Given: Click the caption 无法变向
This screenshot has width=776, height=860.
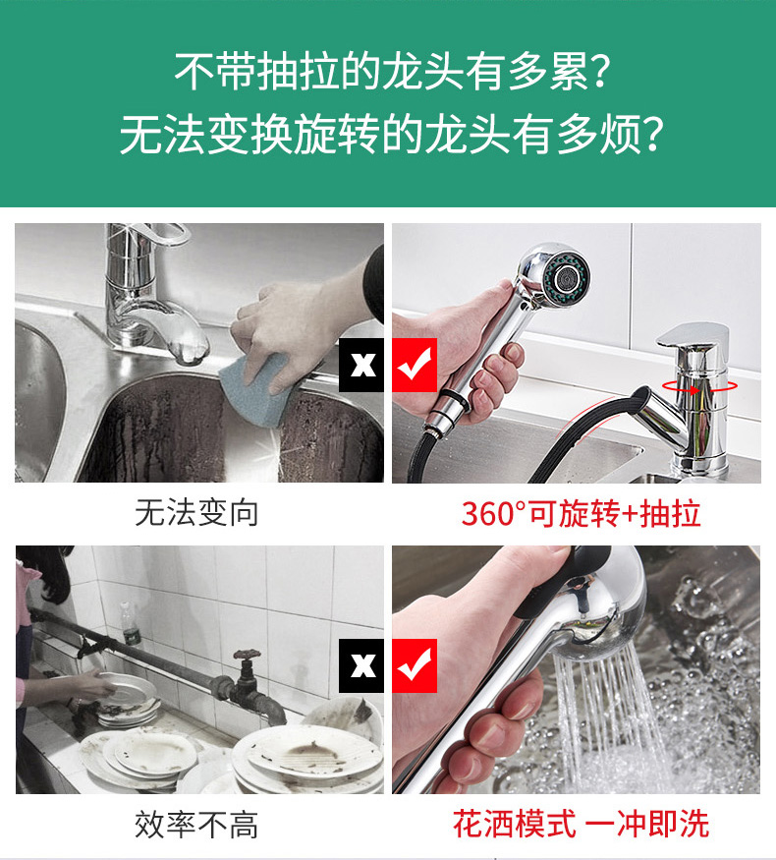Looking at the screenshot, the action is (196, 513).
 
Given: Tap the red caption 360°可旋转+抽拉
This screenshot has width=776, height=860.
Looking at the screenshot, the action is (581, 514).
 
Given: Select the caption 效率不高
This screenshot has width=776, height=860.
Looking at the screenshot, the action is (196, 825).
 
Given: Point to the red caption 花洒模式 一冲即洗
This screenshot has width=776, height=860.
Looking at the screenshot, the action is (581, 824).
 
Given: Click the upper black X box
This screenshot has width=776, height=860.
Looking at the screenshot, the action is (361, 365).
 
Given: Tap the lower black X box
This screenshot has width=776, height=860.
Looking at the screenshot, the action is (361, 665).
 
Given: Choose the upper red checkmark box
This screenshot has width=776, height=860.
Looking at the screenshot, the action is (415, 365).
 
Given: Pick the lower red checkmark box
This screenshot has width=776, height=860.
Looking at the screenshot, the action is (415, 665).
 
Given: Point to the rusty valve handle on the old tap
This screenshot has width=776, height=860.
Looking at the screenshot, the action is (248, 655).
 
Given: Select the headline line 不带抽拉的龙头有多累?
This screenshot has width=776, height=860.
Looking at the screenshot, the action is (391, 72).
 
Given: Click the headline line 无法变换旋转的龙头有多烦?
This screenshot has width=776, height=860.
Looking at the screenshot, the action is (391, 135).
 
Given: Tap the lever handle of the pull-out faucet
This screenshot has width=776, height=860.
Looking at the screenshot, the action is (693, 335).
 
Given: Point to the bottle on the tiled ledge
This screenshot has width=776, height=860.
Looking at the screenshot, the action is (131, 624).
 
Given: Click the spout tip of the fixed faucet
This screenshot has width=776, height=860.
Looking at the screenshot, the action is (191, 351).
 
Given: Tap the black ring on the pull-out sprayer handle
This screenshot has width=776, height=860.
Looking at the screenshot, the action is (456, 400).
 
